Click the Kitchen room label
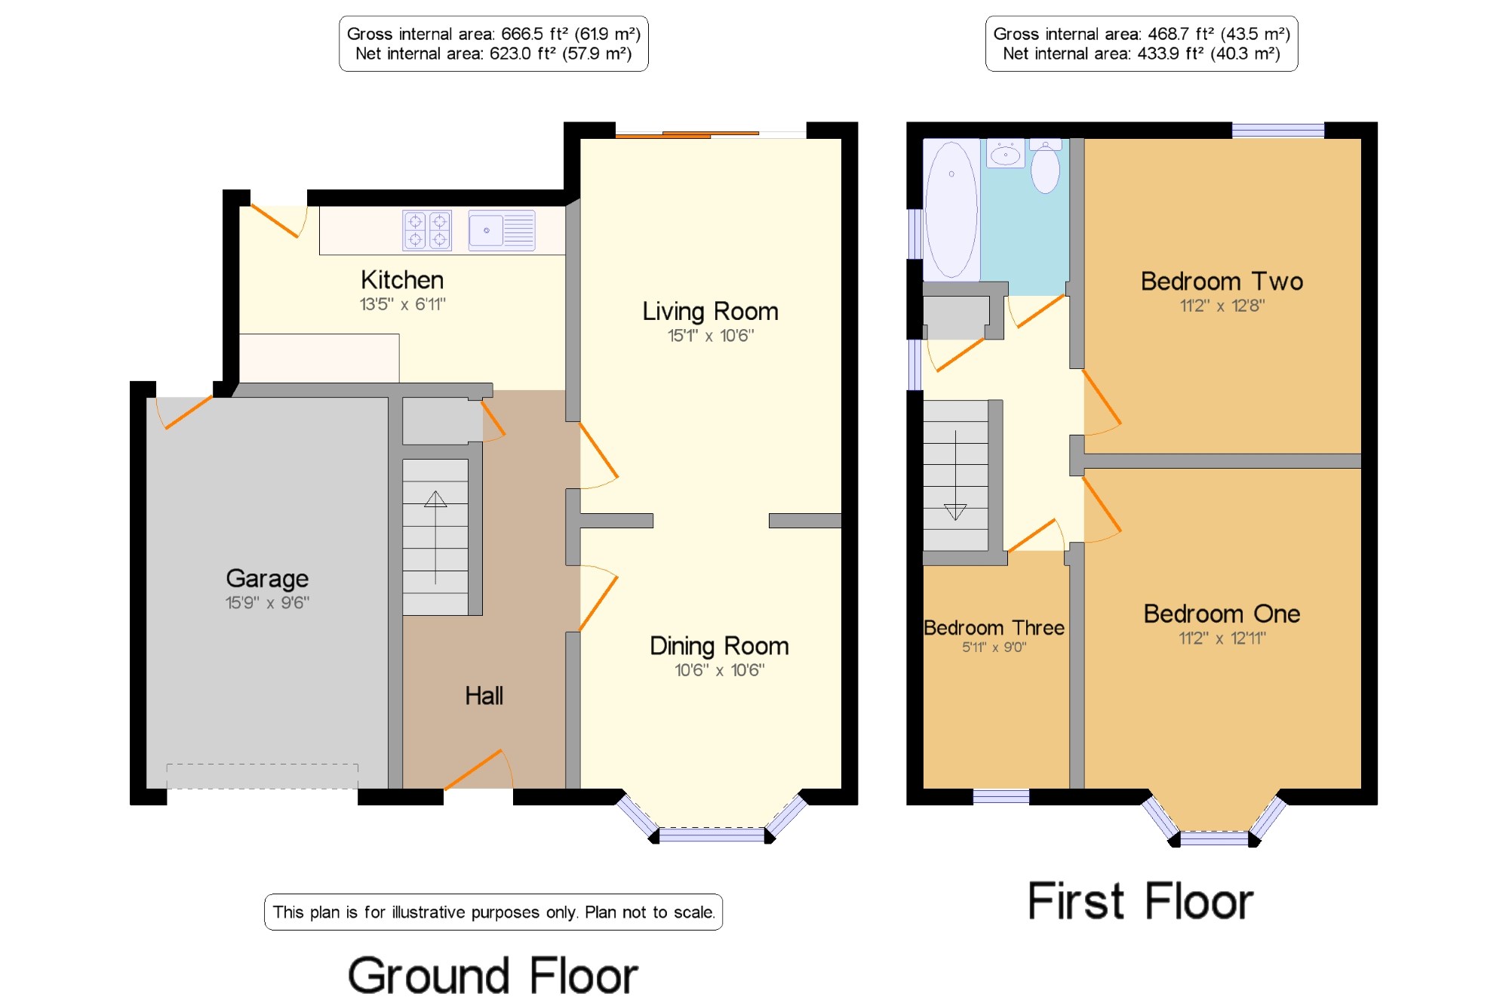click(402, 280)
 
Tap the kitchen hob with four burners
click(427, 230)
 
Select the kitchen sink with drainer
click(502, 230)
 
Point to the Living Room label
click(710, 311)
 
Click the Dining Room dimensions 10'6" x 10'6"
click(719, 670)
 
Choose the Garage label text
click(267, 579)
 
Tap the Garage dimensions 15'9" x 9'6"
click(267, 602)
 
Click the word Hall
click(484, 696)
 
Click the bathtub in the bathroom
click(951, 210)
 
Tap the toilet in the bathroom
click(1045, 165)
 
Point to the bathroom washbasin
click(1006, 153)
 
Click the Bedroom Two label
click(1222, 281)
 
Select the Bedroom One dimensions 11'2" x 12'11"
click(1222, 638)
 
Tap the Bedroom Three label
click(994, 628)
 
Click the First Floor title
click(1140, 901)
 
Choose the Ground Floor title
click(493, 975)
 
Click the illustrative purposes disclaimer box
click(493, 912)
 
